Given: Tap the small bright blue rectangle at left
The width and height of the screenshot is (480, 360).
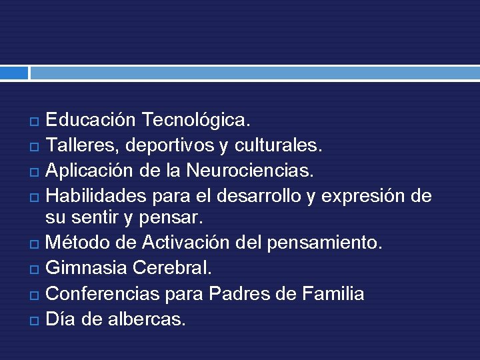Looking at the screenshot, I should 14,72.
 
